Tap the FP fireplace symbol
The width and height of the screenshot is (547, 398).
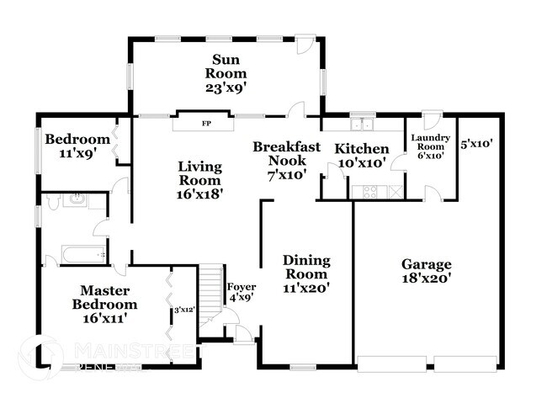(x=205, y=124)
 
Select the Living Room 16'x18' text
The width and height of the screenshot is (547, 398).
(x=199, y=180)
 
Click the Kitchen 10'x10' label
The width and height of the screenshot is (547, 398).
(x=362, y=155)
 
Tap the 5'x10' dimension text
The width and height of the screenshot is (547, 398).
(x=475, y=143)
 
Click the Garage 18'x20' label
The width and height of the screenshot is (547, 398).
(x=426, y=270)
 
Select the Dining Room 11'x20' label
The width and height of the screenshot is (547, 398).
(x=305, y=273)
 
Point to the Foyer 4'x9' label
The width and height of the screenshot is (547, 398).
(x=242, y=291)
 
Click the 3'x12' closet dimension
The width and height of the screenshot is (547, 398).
(x=183, y=310)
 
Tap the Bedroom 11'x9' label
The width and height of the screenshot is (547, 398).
(x=77, y=146)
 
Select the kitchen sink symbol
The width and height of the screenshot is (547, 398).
(x=363, y=125)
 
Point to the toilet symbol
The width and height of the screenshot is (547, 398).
(x=52, y=201)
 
